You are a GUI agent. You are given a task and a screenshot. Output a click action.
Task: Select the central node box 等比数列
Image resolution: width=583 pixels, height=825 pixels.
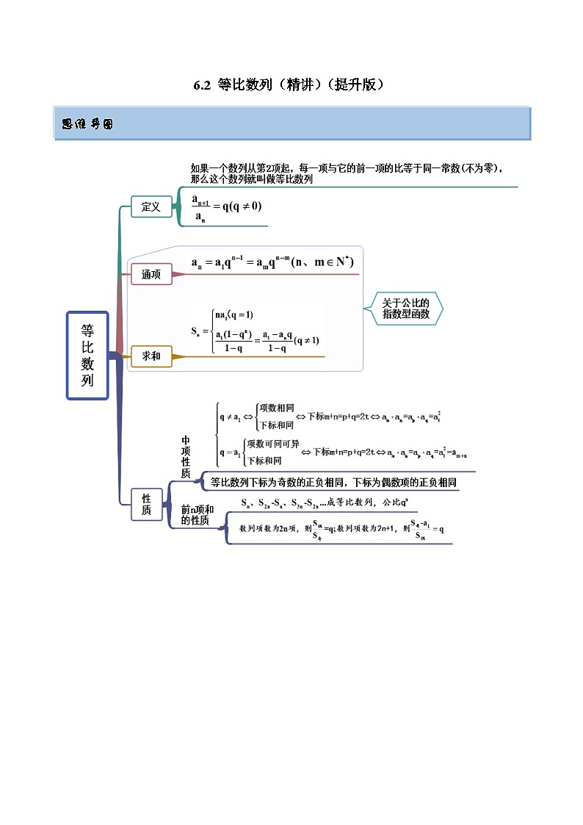(87, 356)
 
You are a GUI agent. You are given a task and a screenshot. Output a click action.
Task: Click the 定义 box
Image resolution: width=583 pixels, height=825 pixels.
(151, 207)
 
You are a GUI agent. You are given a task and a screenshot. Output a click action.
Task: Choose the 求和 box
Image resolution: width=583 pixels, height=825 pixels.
(151, 357)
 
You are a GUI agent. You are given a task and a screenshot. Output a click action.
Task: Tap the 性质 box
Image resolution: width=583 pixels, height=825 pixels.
(146, 504)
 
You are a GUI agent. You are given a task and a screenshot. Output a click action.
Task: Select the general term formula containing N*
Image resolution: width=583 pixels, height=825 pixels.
(267, 263)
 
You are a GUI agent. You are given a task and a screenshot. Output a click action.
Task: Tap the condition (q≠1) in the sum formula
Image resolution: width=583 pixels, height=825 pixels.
(306, 341)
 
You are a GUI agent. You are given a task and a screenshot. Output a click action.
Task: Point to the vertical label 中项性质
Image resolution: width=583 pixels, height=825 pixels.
(186, 456)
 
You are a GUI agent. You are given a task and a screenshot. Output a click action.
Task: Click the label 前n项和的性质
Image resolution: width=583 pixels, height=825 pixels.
(197, 515)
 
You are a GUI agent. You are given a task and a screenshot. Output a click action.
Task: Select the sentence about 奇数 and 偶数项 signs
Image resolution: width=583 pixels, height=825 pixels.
(333, 483)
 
